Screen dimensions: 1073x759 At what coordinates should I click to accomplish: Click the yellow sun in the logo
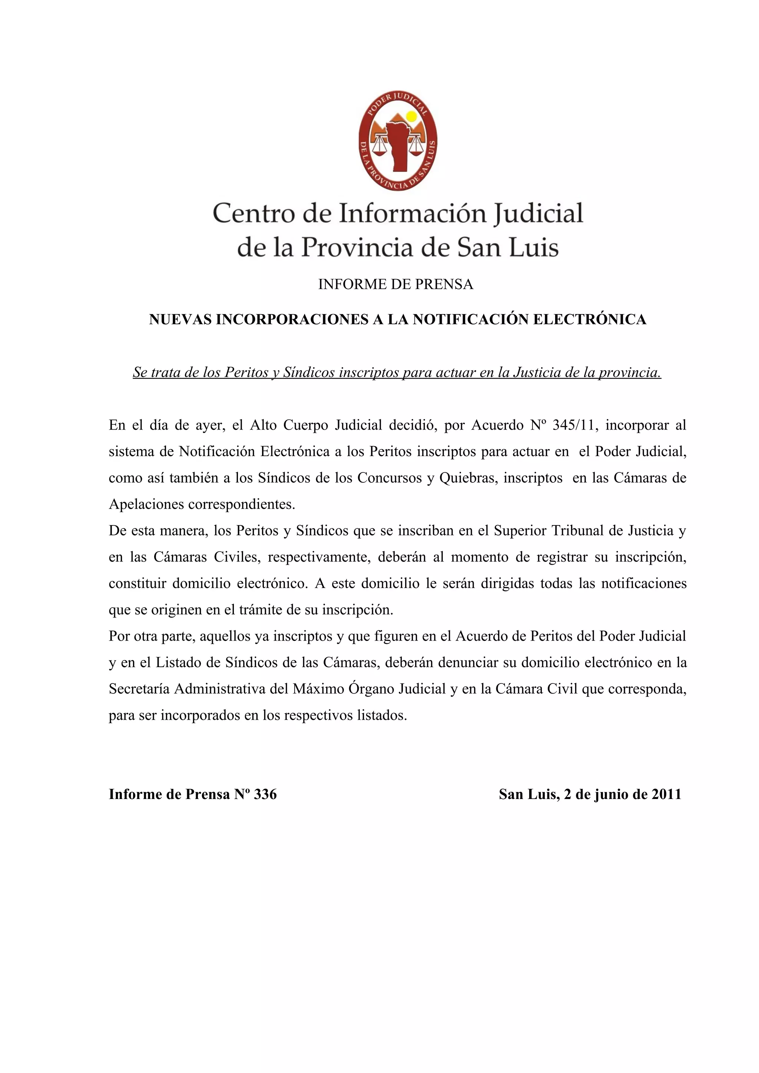(x=411, y=116)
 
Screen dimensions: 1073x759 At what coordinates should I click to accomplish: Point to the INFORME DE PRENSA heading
(x=396, y=284)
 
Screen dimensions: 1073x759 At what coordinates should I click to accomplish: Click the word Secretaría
(x=139, y=689)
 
